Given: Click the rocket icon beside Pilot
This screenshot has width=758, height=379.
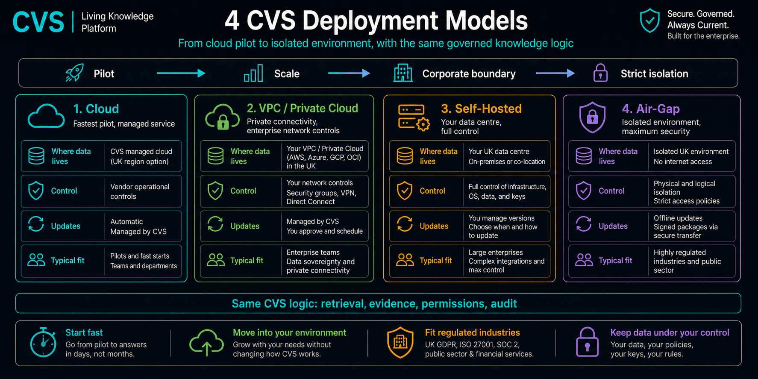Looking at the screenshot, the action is point(74,73).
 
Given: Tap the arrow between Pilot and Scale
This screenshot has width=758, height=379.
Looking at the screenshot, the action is point(181,73).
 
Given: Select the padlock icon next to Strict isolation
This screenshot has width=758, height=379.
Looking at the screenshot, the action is point(600,73).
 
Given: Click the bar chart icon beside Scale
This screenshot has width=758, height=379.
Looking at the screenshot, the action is point(253,73).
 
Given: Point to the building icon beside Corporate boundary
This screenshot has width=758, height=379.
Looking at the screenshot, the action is point(403,73).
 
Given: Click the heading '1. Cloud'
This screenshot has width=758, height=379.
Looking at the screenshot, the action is point(96,109).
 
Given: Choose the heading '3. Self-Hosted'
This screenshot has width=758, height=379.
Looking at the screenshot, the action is point(481,109).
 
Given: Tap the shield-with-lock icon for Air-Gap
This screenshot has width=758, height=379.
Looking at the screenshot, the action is point(592,117).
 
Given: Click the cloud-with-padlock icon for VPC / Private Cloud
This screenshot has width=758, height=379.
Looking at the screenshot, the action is point(222,117).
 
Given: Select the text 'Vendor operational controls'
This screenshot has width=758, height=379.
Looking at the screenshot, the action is point(140,191).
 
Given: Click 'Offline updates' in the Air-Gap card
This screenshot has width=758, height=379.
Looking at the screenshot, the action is point(678,218).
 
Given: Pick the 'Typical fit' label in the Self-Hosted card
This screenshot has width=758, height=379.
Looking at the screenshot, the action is point(435,261).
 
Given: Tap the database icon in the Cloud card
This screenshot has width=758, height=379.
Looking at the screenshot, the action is point(36,156).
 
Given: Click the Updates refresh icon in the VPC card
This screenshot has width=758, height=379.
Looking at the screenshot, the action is point(215,224).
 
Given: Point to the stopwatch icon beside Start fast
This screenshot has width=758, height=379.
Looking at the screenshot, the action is point(43,342).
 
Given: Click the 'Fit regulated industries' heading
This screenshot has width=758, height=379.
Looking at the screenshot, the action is point(472,332).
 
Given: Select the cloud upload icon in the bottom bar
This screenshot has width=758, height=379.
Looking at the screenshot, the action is point(206,343).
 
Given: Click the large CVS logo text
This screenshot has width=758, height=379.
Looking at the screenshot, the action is point(38,22).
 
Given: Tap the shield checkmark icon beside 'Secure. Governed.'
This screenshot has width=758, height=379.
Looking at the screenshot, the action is point(649,21).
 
